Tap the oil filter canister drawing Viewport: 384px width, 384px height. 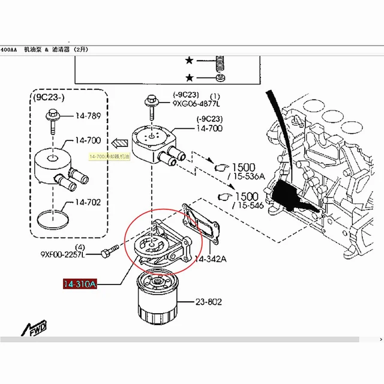tap(158, 298)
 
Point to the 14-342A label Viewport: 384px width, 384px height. tap(211, 259)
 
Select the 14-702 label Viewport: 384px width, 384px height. tap(89, 203)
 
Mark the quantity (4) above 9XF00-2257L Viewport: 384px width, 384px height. tap(79, 247)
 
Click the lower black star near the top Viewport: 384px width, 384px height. tap(190, 78)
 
